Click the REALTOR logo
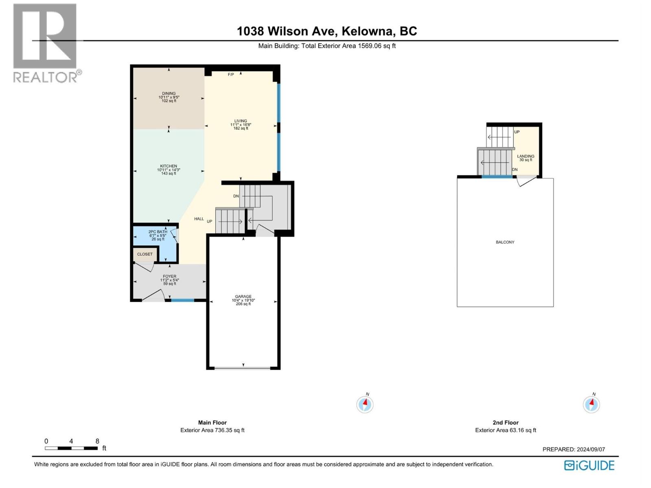point(45,43)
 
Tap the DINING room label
point(169,94)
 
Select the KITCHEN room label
point(168,166)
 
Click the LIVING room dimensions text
point(240,125)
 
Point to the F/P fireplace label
point(231,74)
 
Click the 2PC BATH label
point(158,232)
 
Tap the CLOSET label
point(145,254)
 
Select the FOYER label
point(170,277)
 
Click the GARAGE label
point(243,296)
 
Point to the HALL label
point(199,219)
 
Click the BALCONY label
point(505,242)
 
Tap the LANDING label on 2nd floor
point(526,156)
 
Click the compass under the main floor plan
point(365,404)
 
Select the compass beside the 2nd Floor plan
point(591,404)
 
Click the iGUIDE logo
point(589,465)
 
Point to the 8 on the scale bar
point(97,441)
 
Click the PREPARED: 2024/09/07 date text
point(574,449)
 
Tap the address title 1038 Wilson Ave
point(327,31)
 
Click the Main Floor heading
point(212,423)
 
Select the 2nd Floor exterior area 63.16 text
point(505,430)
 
